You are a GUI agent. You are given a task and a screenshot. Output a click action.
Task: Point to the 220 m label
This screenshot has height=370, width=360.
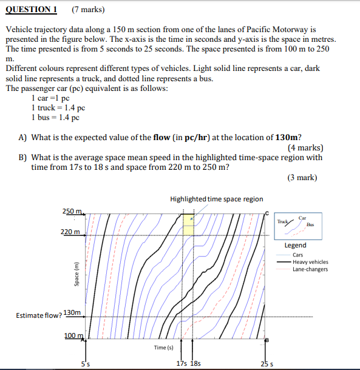point(71,232)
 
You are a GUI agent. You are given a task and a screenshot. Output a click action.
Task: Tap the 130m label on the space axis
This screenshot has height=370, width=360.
point(72,312)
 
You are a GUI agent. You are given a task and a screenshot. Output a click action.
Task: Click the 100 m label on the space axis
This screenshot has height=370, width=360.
point(73,335)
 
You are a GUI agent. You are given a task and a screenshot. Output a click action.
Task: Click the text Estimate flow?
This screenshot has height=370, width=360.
point(39,315)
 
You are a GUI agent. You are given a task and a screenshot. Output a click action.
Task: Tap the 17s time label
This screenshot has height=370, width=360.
point(180,364)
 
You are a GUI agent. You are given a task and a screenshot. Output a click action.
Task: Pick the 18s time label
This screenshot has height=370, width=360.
point(195,364)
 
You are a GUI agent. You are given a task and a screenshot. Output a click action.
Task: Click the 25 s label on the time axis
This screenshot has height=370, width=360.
point(265,364)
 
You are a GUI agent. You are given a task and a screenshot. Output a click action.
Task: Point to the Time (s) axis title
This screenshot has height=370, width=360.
point(164,348)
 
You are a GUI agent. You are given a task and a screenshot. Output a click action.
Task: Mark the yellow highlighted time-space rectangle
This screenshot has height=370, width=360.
point(188,225)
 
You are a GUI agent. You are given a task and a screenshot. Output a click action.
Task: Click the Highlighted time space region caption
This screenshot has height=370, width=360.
point(217,199)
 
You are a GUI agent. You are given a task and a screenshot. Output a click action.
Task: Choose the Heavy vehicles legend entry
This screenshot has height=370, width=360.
point(310,262)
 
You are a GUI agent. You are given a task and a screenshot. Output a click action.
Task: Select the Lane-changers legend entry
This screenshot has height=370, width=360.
point(310,269)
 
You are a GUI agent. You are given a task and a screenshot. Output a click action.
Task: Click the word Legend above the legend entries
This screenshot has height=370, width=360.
point(296,245)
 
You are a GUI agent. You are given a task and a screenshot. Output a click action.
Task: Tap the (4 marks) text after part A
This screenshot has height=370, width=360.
point(305,148)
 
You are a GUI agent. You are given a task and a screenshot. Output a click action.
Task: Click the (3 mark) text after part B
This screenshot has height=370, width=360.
point(302,178)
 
